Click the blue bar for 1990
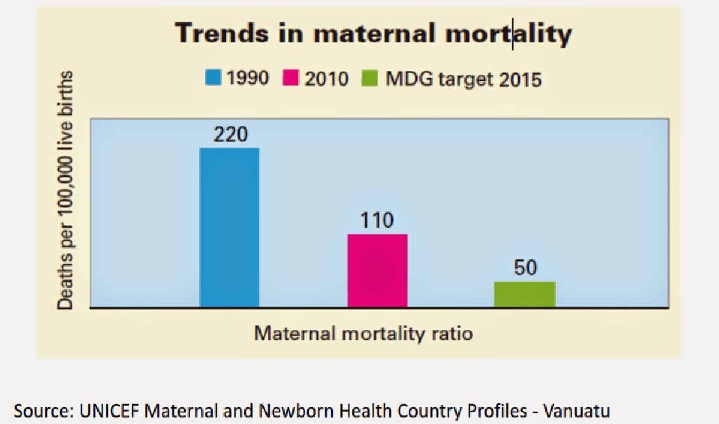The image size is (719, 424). (229, 227)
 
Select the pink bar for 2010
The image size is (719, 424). (377, 270)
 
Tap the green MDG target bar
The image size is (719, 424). (524, 294)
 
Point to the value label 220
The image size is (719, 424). (229, 135)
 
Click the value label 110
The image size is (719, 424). (377, 220)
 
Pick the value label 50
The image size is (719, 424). (524, 268)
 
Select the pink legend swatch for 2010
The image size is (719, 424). (291, 79)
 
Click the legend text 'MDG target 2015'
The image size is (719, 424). (464, 79)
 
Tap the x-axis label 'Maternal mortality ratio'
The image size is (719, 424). (363, 333)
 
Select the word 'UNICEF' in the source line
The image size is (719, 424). (108, 411)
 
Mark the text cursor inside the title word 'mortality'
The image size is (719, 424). (513, 35)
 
